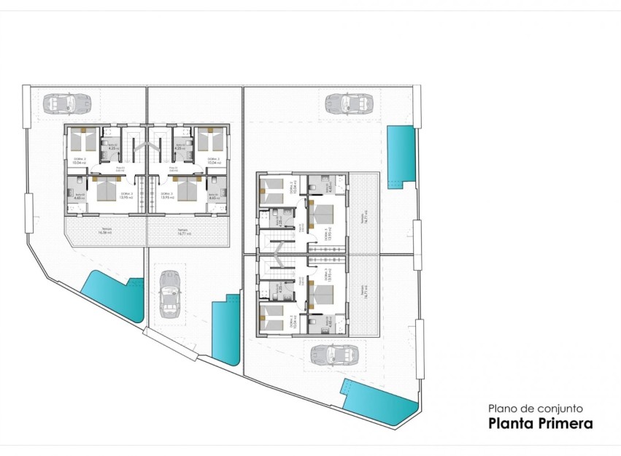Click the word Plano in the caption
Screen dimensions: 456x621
501,409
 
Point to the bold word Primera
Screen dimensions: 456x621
564,423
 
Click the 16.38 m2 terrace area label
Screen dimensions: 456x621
107,233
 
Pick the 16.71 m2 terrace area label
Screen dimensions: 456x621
182,233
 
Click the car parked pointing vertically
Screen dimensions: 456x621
170,294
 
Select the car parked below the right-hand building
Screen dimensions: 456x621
333,355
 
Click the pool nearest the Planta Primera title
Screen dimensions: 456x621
380,403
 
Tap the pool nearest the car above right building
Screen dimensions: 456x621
400,155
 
